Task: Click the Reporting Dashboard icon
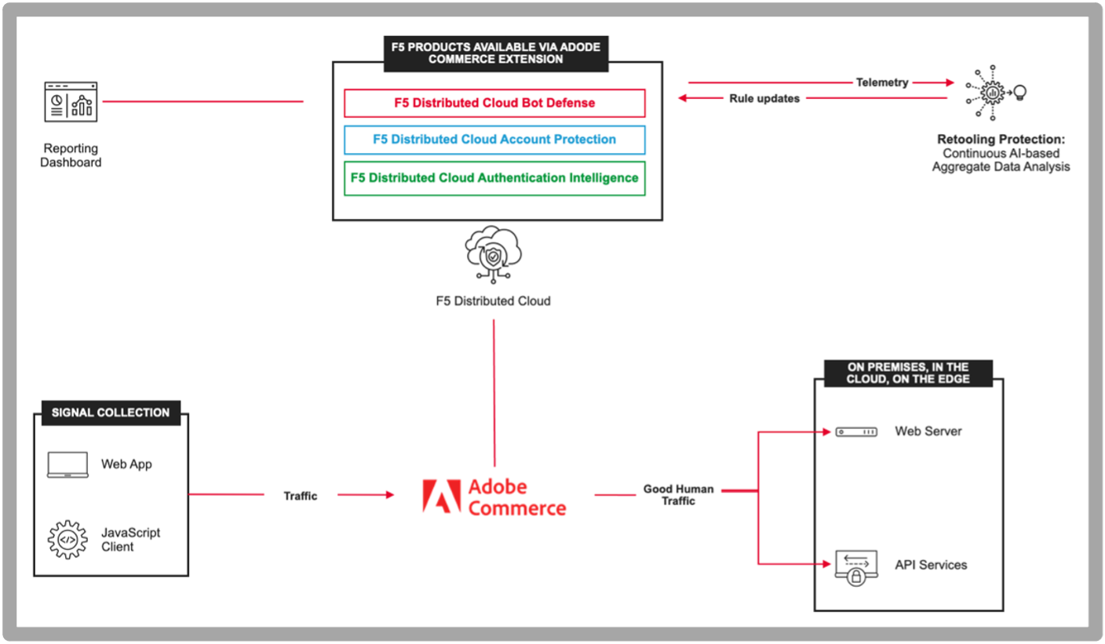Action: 71,101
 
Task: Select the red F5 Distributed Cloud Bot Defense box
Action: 494,103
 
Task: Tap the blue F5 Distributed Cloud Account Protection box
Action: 494,140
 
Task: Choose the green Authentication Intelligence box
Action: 494,178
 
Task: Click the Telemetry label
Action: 882,82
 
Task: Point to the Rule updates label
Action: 764,99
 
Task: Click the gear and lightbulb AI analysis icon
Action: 996,93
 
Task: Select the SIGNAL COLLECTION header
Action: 111,413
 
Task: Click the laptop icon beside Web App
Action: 67,464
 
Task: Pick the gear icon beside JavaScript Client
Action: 67,540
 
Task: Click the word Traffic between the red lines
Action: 300,496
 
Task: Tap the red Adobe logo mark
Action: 442,496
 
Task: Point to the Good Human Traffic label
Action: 678,495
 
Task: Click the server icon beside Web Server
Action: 856,432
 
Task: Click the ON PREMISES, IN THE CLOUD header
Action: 908,373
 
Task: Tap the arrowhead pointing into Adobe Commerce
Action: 390,495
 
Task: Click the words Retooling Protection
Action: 1001,140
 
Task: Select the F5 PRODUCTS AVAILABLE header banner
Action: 496,53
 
